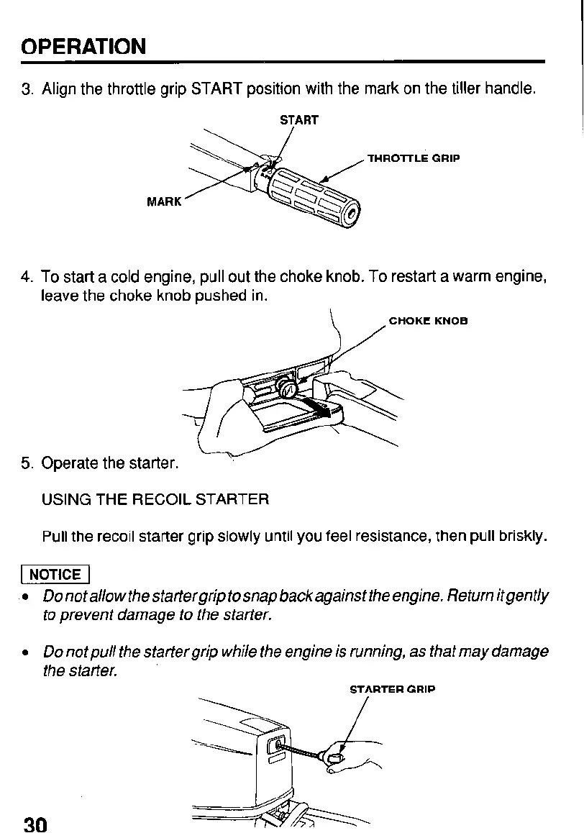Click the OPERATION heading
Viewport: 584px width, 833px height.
(83, 47)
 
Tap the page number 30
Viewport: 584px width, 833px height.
(35, 824)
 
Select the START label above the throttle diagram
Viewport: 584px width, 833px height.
(298, 120)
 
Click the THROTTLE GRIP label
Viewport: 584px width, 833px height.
(414, 158)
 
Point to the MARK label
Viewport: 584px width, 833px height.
(164, 202)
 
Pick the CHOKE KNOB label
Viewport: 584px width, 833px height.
(428, 321)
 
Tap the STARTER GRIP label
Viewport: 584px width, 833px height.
(392, 689)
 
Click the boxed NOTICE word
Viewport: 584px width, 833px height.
(55, 574)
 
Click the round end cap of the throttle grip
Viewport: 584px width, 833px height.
(352, 214)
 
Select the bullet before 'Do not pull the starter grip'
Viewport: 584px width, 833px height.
(26, 652)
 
